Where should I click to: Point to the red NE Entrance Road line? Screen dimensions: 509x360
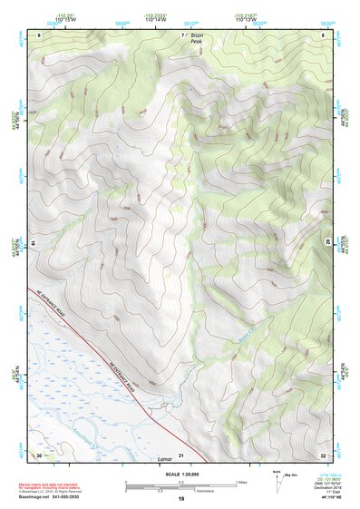point(91,328)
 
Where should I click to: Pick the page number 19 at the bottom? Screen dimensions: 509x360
point(181,499)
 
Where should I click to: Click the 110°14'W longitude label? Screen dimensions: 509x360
point(152,19)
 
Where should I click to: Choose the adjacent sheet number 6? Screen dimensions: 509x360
point(39,34)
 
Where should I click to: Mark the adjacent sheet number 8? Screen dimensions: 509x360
point(324,34)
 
